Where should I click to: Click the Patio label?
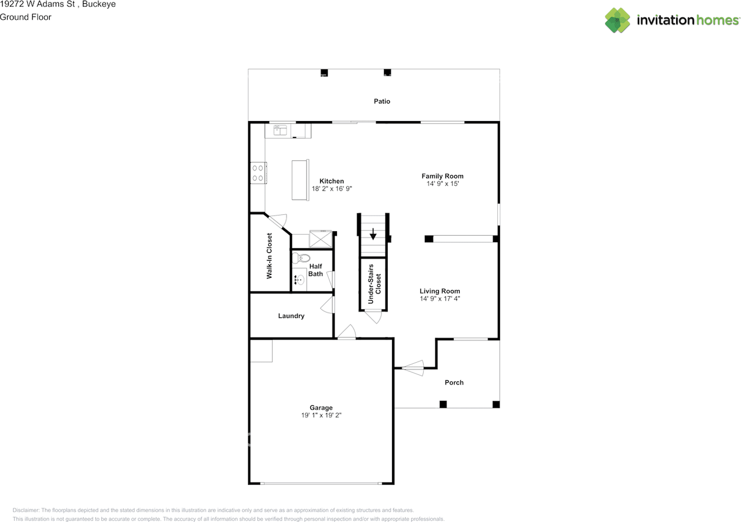coord(381,101)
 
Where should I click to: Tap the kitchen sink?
coord(280,130)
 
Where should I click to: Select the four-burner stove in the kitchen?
coord(258,173)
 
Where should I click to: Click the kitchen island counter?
coord(300,180)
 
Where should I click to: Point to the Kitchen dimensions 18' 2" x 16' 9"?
coord(332,189)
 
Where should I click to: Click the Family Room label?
coord(442,176)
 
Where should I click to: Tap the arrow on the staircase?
coord(373,234)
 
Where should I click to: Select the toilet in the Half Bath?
coord(300,258)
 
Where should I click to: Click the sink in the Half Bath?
coord(299,280)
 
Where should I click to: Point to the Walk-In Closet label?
coord(269,256)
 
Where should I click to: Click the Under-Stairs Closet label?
coord(375,284)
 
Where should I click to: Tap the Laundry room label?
coord(291,316)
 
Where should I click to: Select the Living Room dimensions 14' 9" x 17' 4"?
coord(439,298)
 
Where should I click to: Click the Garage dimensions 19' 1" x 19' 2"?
coord(321,415)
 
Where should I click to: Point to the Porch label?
coord(454,382)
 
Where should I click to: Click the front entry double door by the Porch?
coord(413,368)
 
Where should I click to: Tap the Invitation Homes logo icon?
coord(617,20)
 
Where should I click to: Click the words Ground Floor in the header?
coord(25,17)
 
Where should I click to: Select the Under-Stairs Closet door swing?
coord(373,316)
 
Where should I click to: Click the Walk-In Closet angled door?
coord(277,221)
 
